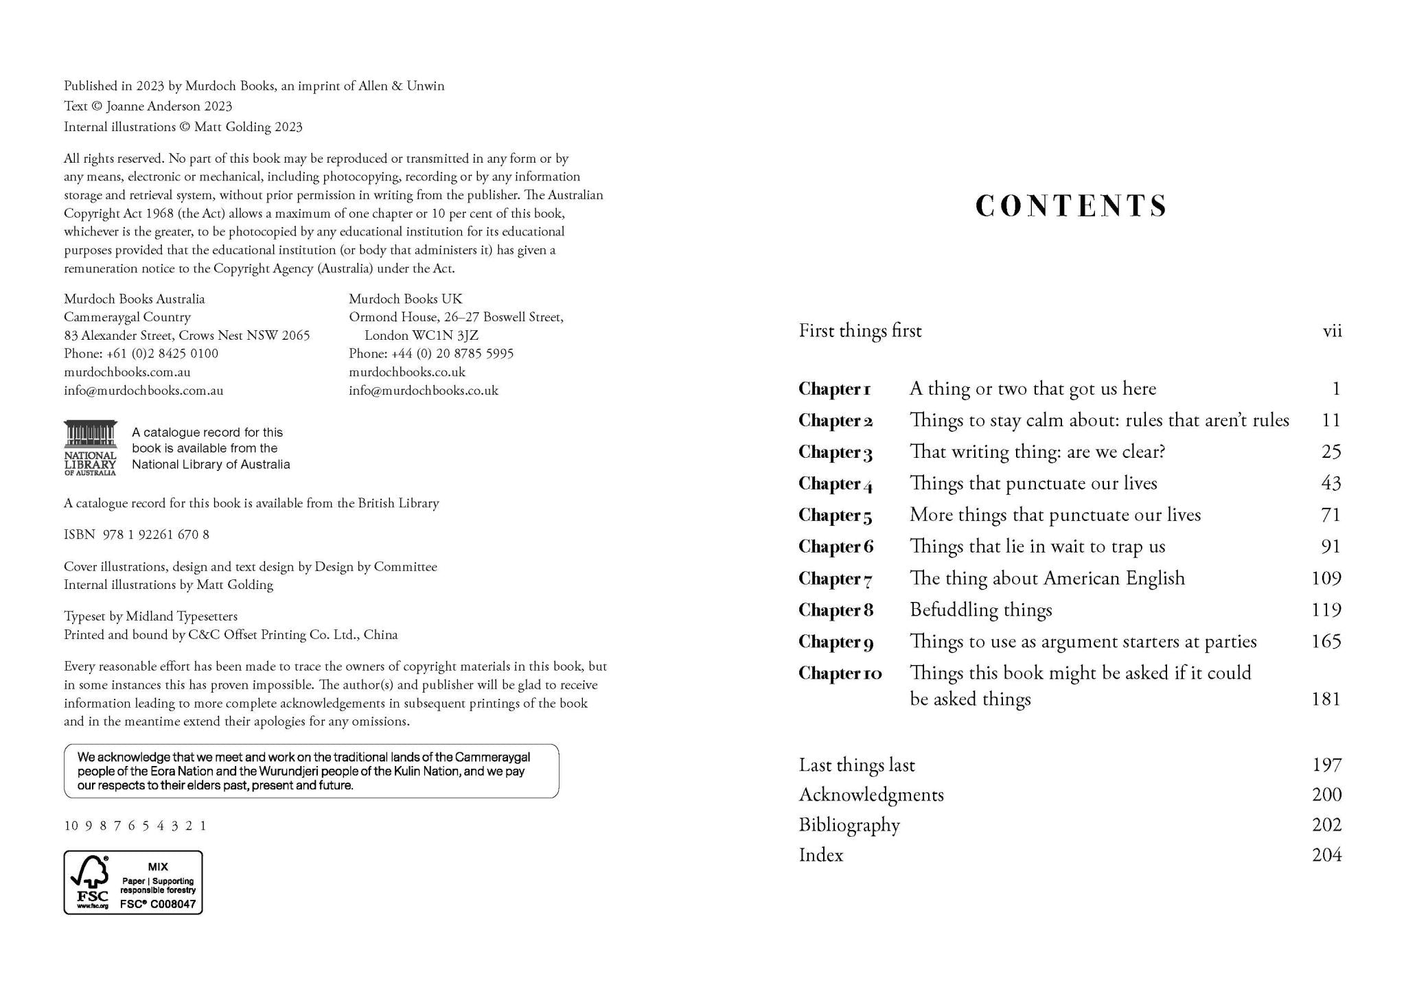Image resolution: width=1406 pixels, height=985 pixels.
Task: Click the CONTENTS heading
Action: [x=1070, y=206]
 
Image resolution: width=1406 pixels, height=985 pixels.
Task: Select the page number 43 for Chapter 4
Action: [x=1330, y=483]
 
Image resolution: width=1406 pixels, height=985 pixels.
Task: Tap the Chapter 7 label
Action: [x=835, y=579]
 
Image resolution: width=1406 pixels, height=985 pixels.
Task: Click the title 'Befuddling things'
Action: [x=980, y=610]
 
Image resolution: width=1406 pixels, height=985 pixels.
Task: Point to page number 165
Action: [x=1326, y=641]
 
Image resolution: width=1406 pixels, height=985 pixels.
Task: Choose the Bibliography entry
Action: [x=849, y=824]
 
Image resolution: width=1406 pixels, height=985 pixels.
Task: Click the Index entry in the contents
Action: [x=821, y=855]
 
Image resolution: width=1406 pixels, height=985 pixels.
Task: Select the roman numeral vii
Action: [x=1332, y=331]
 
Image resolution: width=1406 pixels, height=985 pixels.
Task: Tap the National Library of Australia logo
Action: [x=91, y=448]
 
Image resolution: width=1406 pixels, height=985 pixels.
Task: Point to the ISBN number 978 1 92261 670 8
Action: [x=156, y=534]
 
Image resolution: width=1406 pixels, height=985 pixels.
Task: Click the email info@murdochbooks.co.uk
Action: [x=424, y=391]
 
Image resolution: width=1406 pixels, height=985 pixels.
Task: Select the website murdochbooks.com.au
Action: [x=127, y=372]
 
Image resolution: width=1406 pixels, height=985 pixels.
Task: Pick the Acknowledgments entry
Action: [x=871, y=794]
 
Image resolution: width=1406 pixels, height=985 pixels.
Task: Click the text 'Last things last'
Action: [x=857, y=765]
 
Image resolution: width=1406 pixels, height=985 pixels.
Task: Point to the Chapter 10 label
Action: [x=840, y=673]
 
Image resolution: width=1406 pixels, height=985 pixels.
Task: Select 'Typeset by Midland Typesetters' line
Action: [x=150, y=616]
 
